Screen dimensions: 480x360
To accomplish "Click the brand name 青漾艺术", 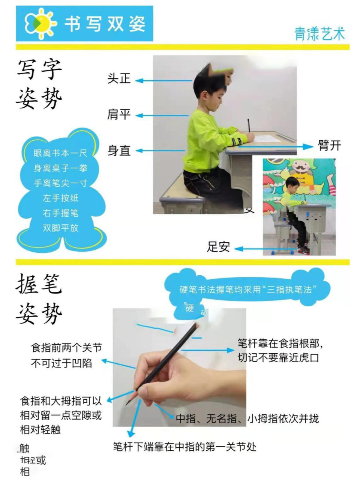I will (319, 34).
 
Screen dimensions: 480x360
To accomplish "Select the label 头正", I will (119, 79).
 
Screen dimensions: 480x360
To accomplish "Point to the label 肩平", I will (119, 114).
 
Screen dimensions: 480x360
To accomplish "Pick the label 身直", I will (119, 150).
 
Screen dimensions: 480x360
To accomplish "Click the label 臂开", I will (330, 145).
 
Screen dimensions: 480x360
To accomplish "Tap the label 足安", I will (218, 247).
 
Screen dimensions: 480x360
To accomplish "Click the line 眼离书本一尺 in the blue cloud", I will (60, 153).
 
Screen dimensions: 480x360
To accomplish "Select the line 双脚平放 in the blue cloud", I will (60, 228).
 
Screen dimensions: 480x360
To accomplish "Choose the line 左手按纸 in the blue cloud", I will (60, 198).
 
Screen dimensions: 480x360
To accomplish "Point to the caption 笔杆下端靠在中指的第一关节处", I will (185, 447).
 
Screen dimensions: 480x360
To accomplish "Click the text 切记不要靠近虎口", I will (278, 358).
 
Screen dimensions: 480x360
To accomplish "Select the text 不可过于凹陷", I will (61, 363).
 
